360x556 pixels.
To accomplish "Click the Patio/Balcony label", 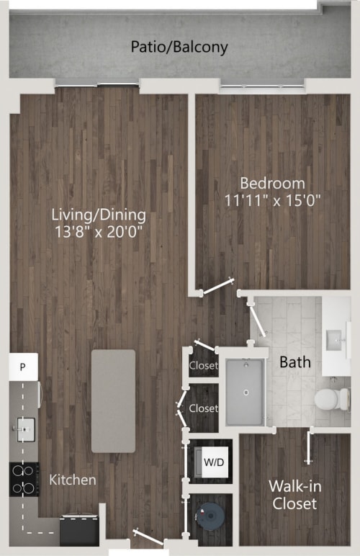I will coord(179,48).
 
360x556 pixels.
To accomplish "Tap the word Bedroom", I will coord(272,183).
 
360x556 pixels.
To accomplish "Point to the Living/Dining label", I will coord(99,215).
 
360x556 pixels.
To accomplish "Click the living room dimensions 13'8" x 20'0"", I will coord(99,232).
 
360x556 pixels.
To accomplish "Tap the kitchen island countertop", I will coord(113,400).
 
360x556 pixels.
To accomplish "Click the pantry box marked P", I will coord(23,367).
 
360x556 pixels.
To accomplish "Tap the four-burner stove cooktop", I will coord(23,480).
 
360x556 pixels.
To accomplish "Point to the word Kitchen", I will coord(73,480).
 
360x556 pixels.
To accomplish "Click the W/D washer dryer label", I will coord(213,461).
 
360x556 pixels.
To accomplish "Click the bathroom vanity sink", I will coord(335,338).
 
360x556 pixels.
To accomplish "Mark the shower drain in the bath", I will coord(246,393).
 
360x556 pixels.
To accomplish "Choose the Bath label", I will coord(295,362).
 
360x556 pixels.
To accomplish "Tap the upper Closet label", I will coord(204,365).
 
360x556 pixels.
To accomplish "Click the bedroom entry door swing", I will coord(217,288).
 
